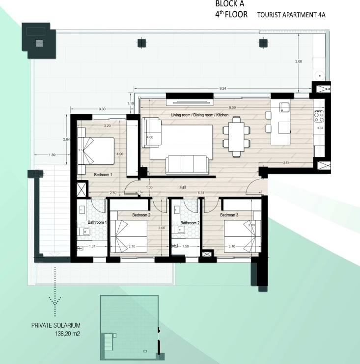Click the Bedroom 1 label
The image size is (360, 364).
point(104,175)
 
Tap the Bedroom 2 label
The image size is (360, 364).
point(141,215)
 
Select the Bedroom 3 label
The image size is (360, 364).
point(229,215)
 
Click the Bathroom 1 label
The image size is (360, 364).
point(97,223)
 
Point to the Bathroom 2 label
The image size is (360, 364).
point(190,223)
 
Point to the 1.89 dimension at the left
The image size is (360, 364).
point(52,155)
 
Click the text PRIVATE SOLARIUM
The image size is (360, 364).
point(55,325)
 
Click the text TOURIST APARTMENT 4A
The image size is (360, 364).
point(291,15)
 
